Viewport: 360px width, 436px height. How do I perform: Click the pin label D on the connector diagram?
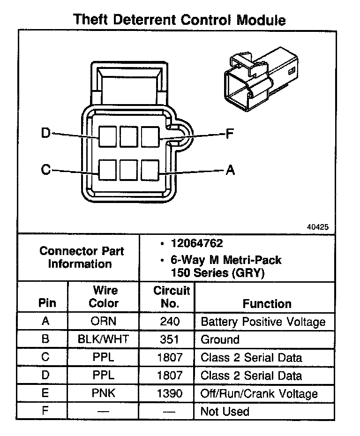[45, 134]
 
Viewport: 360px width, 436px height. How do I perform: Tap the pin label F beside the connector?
[230, 135]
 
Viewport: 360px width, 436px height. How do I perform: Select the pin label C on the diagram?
[45, 169]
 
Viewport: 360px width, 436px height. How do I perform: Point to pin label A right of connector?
[230, 171]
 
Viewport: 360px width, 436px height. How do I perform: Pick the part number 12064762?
[197, 244]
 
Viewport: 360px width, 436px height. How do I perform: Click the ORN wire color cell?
[103, 322]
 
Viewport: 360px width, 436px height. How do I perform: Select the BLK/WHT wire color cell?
[103, 340]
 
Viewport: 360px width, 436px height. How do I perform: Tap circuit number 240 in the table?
[170, 322]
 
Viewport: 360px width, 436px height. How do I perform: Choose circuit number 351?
[170, 340]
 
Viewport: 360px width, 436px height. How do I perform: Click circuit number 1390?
[170, 394]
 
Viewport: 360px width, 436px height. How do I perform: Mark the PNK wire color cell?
[103, 394]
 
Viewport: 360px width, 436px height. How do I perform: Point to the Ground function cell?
[220, 340]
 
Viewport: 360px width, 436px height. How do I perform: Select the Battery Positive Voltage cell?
[263, 322]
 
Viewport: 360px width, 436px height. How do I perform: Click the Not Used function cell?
[225, 412]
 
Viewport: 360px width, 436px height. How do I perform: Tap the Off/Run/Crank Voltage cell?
[259, 394]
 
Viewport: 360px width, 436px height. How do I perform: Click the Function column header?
[267, 304]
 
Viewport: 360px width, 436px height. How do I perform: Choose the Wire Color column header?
[104, 297]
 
